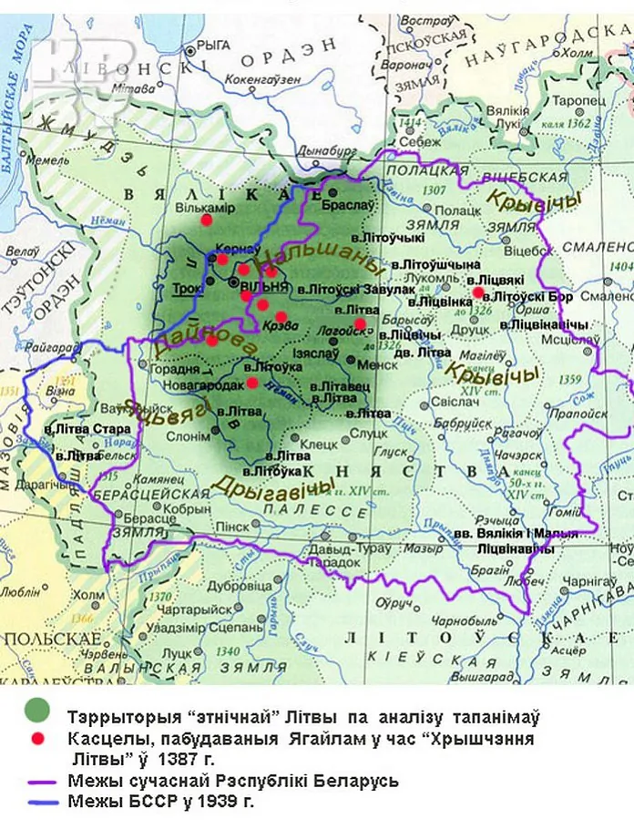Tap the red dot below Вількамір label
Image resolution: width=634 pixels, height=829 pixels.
(207, 220)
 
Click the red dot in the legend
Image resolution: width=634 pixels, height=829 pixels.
(36, 739)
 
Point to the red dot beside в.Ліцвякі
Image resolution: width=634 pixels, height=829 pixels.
(478, 292)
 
